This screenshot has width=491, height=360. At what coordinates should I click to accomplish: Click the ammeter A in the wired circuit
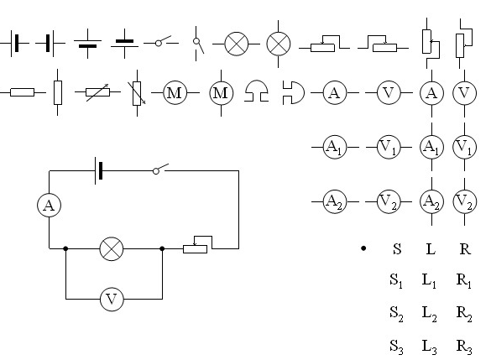(x=50, y=206)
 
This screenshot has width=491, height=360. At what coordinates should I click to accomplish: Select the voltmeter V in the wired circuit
(x=112, y=299)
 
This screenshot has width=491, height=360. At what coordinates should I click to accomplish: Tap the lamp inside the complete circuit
(x=112, y=249)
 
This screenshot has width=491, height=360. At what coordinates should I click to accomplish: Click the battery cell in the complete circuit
(x=99, y=170)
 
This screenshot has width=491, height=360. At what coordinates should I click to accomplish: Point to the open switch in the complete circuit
(x=159, y=169)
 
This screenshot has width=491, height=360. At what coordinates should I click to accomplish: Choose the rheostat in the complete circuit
(x=197, y=245)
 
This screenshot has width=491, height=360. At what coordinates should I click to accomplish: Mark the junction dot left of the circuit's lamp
(x=65, y=248)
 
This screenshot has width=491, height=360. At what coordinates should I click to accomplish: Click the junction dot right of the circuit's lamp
(x=162, y=248)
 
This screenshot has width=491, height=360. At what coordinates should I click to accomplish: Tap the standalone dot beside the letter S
(x=363, y=248)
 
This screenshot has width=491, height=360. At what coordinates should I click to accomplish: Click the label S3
(x=396, y=347)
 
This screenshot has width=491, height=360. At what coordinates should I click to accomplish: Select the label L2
(x=430, y=314)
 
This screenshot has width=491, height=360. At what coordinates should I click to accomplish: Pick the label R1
(x=464, y=280)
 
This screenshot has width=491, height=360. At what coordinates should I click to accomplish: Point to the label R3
(x=464, y=347)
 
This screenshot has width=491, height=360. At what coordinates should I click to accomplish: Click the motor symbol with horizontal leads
(x=175, y=92)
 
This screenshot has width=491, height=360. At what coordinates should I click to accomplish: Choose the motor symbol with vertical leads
(x=221, y=93)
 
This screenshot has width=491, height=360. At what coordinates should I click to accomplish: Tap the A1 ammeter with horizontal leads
(x=335, y=147)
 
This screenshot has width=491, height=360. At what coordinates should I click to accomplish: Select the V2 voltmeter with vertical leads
(x=464, y=201)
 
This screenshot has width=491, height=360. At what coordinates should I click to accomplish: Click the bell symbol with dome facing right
(x=294, y=92)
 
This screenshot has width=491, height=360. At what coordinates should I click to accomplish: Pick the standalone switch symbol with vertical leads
(x=198, y=44)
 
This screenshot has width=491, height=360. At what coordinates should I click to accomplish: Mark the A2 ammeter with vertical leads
(x=431, y=201)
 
